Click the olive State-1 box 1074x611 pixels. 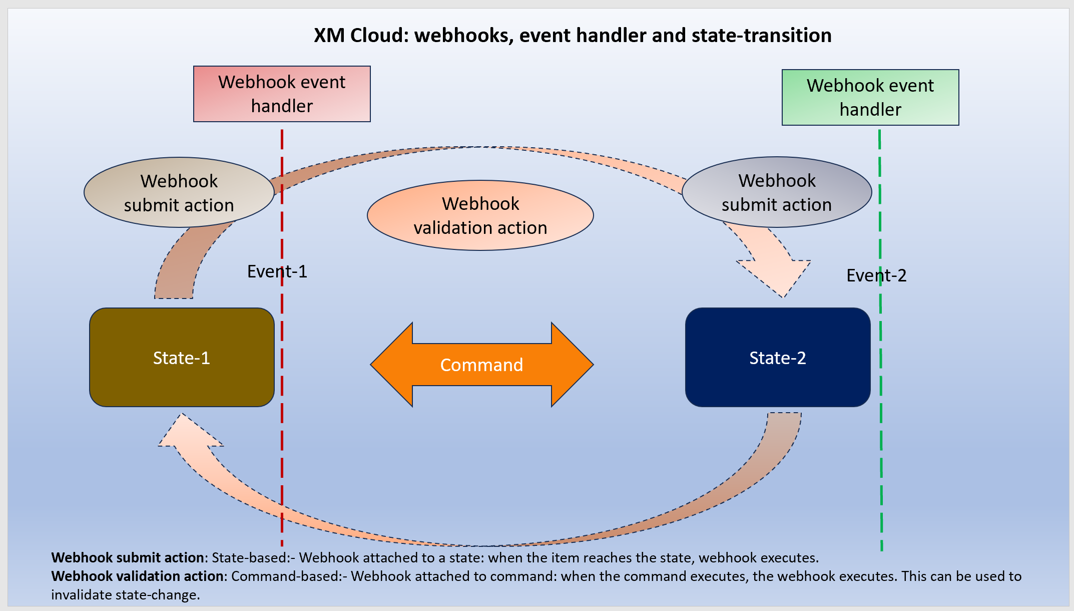click(182, 358)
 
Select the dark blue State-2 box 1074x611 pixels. click(777, 358)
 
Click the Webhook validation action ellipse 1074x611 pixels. click(480, 215)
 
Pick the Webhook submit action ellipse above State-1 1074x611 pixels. click(179, 193)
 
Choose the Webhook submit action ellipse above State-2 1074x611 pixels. click(777, 192)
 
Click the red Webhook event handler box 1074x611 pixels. click(282, 94)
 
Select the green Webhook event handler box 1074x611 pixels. click(870, 97)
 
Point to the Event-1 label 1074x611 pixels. click(277, 271)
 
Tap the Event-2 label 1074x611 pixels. click(876, 275)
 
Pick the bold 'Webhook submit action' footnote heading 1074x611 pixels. click(128, 558)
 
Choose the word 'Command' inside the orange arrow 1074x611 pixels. click(481, 365)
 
